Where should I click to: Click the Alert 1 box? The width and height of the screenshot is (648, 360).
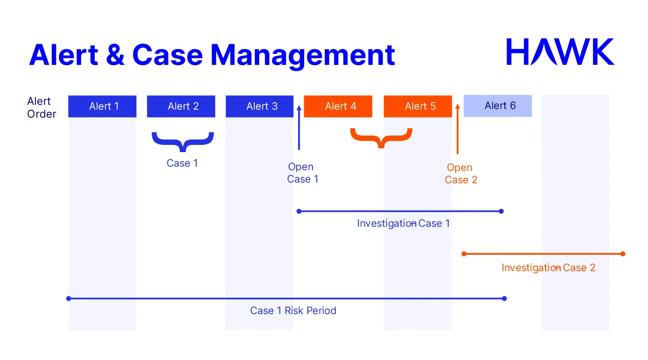point(102,106)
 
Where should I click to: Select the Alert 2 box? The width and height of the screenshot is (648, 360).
point(181,106)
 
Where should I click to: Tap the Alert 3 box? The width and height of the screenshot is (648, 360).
point(260,106)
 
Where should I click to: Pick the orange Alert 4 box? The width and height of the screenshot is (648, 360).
point(338,106)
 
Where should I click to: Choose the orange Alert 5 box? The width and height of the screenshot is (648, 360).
point(418,106)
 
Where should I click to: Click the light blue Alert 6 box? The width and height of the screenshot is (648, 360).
point(498,106)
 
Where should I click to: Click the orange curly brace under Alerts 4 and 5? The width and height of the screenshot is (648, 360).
point(381,138)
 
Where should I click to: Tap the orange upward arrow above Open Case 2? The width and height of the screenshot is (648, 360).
point(458,129)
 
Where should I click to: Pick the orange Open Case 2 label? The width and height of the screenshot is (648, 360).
point(461,174)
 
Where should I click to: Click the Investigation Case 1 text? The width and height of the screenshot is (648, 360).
point(403,223)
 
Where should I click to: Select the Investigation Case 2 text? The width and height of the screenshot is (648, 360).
point(548,268)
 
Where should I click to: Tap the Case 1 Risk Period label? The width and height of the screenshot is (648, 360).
point(293,310)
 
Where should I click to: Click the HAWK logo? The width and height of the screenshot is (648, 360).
point(560,52)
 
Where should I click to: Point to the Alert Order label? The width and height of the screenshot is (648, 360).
point(41,108)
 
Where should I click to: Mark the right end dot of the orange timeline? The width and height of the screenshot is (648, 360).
point(623,254)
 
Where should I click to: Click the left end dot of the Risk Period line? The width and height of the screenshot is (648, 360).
point(68,298)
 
